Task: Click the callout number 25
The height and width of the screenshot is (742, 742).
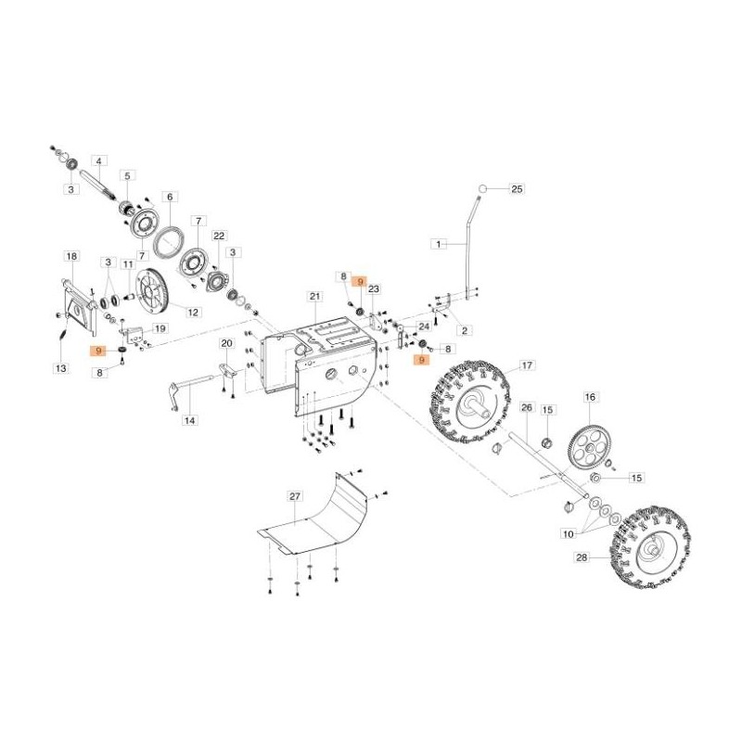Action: coord(518,189)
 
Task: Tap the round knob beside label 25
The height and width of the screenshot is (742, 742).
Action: coord(482,189)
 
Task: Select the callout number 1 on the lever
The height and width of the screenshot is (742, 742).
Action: coord(439,244)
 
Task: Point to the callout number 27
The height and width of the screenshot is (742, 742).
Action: coord(295,497)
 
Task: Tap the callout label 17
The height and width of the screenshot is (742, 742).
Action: coord(526,365)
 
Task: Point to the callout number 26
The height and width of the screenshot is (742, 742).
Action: coord(525,406)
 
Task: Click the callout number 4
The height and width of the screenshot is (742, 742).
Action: coord(99,161)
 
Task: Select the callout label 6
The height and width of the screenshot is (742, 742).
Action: coord(169,197)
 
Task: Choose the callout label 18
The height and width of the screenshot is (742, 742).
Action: coord(70,254)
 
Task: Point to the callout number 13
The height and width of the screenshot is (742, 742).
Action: coord(60,368)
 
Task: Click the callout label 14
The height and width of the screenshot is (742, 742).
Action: coord(189,421)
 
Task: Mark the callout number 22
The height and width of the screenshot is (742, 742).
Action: coord(219,236)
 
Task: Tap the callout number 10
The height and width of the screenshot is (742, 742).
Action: coord(567,533)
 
